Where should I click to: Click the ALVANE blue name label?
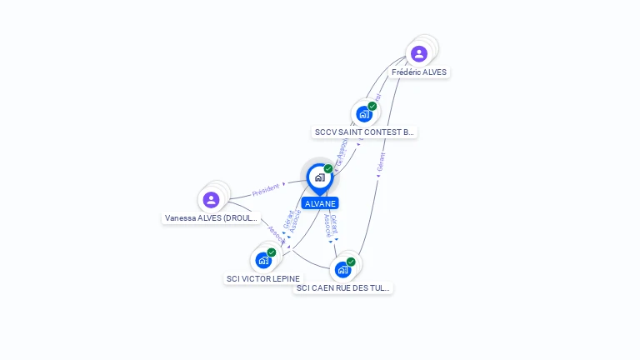coord(320,203)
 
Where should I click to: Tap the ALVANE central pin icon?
coord(319,177)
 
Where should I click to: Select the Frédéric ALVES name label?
coord(419,72)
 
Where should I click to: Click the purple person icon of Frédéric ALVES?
coord(419,54)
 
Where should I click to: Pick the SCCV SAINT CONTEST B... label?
coord(364,132)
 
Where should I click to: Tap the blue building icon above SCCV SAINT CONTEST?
coord(364,114)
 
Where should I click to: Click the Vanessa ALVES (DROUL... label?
coord(212,218)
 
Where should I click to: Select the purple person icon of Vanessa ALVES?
coord(211,200)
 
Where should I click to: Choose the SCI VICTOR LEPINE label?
coord(263,278)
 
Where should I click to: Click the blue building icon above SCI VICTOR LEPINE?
coord(263,260)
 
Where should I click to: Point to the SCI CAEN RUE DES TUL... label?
coord(343,288)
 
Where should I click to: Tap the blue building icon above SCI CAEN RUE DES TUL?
coord(342,270)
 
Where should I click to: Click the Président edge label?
coord(266,189)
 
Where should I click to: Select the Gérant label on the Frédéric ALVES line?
coord(381,162)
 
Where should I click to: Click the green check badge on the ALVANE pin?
coord(328,169)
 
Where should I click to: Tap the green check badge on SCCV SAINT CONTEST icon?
coord(372,106)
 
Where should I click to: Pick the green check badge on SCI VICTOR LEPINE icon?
coord(272,252)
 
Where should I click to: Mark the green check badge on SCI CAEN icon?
coord(351,262)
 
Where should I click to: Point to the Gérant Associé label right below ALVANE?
coord(331,226)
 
